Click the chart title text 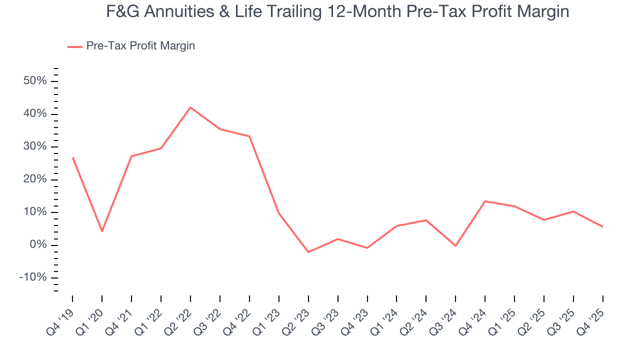click(337, 11)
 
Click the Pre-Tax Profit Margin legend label click(140, 46)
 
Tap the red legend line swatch click(75, 46)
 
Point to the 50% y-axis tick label click(34, 81)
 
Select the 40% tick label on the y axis click(34, 114)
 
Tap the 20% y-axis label click(34, 179)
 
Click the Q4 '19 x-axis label click(60, 319)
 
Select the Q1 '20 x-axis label click(90, 319)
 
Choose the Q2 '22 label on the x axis click(178, 319)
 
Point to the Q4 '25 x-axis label click(590, 319)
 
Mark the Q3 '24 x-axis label click(443, 319)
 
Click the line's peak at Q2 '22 click(190, 107)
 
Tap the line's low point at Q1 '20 click(102, 231)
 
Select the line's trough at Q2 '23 click(308, 252)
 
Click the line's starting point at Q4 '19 click(73, 157)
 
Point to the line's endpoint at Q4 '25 click(602, 226)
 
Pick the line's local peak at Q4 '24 click(485, 201)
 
